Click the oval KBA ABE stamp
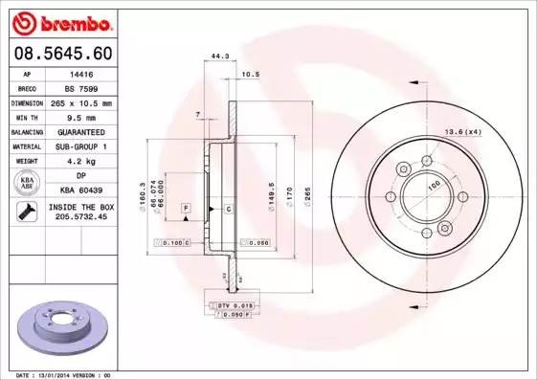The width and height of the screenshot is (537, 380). coord(28,184)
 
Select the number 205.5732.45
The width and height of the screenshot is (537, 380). coord(80,217)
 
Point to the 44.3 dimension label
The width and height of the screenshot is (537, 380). coord(219,57)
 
